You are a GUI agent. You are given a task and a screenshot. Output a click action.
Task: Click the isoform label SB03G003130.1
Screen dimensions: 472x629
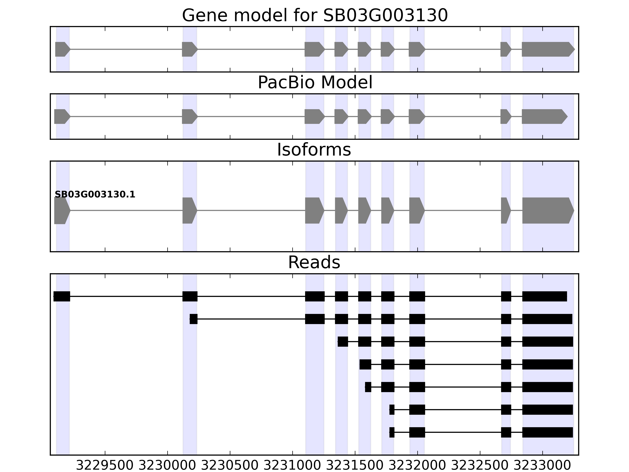(95, 195)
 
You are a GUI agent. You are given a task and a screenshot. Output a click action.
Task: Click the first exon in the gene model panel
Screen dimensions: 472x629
(62, 49)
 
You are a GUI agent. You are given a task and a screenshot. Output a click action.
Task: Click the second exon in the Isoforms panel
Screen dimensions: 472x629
(189, 211)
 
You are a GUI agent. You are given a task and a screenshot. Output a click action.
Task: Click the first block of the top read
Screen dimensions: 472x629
(62, 296)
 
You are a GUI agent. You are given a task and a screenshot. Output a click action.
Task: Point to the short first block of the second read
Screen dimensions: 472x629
(193, 319)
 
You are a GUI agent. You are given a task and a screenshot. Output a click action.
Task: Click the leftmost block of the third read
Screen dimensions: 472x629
(343, 341)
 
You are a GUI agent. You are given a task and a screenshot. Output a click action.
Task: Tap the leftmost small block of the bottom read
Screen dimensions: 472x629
(392, 432)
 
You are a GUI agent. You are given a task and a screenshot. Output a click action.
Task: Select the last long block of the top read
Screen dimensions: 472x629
(544, 296)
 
